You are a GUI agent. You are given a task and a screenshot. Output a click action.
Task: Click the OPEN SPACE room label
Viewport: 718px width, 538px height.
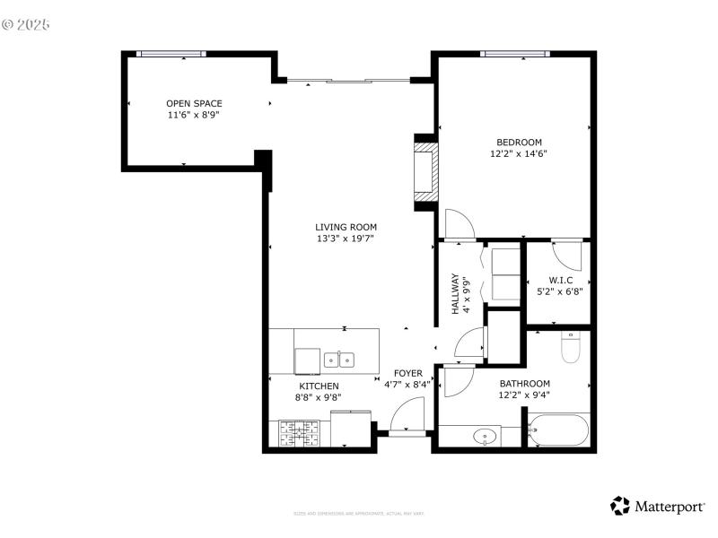point(194,104)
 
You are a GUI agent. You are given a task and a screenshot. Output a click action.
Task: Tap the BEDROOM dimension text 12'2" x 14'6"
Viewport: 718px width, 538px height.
point(518,154)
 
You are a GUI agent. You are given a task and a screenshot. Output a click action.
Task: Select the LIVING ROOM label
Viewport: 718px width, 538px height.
point(346,228)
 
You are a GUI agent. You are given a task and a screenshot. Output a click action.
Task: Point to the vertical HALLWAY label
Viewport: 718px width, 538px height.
point(455,293)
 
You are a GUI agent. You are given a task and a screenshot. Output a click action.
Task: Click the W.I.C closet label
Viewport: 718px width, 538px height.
point(554,280)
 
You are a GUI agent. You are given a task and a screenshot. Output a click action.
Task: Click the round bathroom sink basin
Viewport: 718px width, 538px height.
point(486,438)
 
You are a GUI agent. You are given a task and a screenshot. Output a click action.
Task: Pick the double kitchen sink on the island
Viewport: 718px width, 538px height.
point(339,360)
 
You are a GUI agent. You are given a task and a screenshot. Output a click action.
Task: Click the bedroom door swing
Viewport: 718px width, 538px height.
point(459,226)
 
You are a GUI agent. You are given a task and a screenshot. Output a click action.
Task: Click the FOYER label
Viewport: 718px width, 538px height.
point(408,373)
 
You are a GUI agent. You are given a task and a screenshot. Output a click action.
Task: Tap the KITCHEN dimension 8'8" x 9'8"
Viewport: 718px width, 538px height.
point(319,397)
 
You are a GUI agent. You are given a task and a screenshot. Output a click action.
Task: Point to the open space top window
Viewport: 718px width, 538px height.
point(171,54)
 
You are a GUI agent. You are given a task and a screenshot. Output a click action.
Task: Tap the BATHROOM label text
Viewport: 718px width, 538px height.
point(525,384)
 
